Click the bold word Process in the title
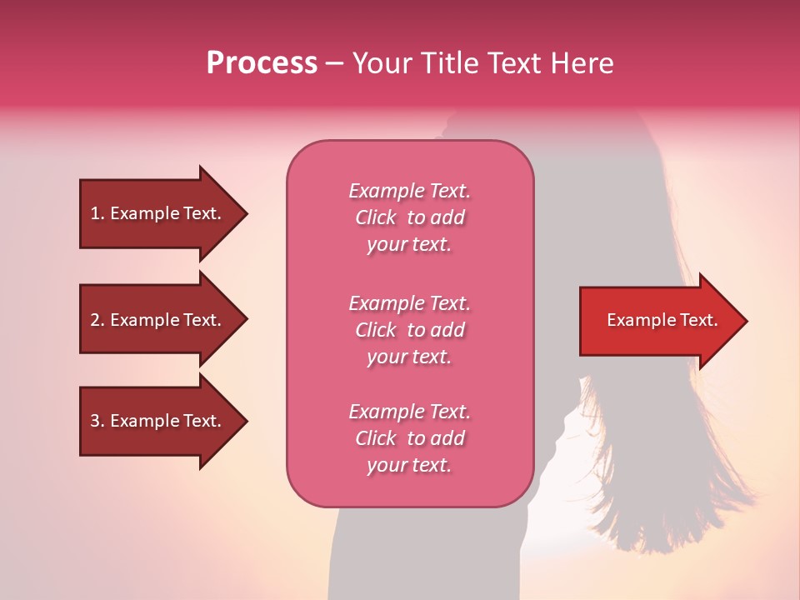[x=262, y=63]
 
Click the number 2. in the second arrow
[x=97, y=320]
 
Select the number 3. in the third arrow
[x=97, y=421]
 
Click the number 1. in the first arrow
[x=97, y=213]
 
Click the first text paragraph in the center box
[x=409, y=217]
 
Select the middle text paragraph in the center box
[x=409, y=330]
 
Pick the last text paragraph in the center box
[x=409, y=438]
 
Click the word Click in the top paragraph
[x=375, y=217]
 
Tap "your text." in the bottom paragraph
[x=409, y=466]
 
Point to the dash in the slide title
[x=334, y=63]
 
